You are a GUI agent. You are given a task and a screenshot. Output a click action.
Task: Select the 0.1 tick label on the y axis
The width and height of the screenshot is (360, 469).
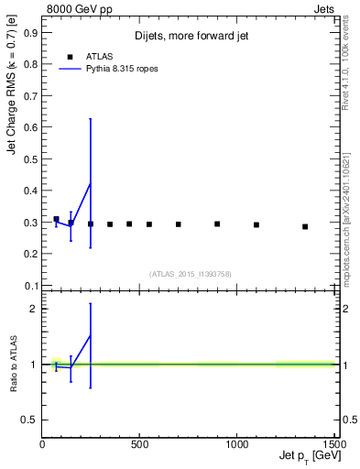pos(30,285)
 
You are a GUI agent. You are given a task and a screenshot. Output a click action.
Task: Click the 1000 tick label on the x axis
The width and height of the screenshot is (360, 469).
pos(236,443)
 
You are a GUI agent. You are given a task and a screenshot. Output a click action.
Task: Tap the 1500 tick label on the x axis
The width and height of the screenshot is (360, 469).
pos(334,443)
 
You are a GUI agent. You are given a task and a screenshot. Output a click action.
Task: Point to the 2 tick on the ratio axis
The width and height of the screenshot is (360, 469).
pos(33,309)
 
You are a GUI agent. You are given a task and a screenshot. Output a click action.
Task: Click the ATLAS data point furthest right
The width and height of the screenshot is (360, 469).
pos(305,226)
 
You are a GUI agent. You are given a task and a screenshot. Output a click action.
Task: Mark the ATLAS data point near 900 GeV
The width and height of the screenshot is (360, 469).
pos(217,224)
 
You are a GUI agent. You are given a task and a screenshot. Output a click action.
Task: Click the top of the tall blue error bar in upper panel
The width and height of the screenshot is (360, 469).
pos(90,118)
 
